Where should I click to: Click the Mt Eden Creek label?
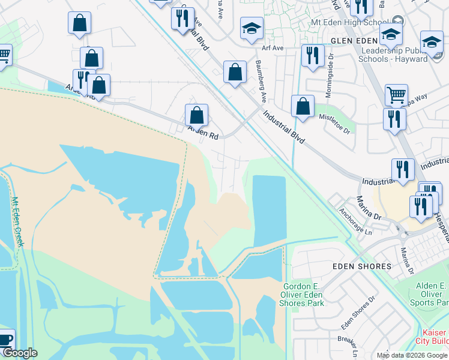click(x=17, y=222)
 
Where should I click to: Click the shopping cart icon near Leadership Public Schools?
click(x=396, y=95)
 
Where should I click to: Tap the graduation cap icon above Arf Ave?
click(x=252, y=28)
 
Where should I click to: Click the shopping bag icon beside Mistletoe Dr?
click(x=303, y=106)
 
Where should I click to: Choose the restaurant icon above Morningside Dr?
click(x=312, y=55)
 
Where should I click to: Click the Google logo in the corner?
click(x=19, y=353)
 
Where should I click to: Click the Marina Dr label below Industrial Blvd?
click(x=369, y=206)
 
